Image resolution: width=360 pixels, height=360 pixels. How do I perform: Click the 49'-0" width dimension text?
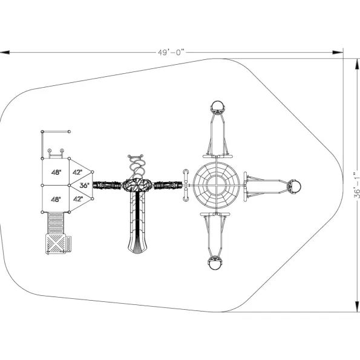171,53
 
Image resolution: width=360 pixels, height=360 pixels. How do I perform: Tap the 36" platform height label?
85,185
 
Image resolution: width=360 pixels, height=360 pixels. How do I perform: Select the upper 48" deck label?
56,172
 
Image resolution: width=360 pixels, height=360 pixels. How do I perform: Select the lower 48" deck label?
56,199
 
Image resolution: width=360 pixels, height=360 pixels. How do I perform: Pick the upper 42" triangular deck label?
77,172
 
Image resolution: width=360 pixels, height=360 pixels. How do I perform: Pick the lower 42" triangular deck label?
78,199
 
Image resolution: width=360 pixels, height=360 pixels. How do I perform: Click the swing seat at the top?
218,106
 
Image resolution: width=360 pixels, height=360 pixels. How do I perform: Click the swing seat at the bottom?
215,263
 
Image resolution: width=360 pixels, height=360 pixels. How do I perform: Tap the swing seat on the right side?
295,187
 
